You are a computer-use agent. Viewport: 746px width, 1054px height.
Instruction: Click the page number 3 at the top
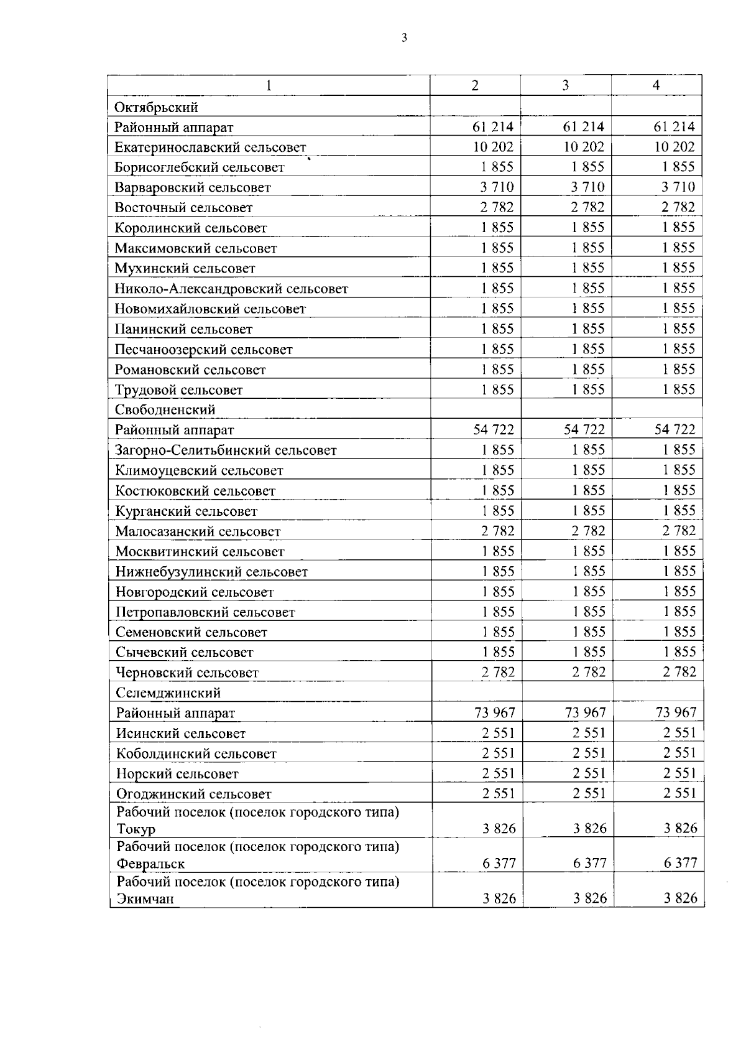(405, 38)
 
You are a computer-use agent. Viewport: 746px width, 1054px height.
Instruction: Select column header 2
(475, 86)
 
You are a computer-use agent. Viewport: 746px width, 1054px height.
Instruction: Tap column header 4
(656, 86)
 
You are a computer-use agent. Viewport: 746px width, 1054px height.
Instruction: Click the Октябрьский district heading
(156, 107)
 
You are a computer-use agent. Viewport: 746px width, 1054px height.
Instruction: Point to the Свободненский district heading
(165, 409)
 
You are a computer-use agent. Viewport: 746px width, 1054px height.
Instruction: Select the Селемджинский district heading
(168, 693)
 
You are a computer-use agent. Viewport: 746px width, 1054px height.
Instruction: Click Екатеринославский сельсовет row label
(210, 147)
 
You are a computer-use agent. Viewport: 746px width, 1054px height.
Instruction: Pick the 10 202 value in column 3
(583, 147)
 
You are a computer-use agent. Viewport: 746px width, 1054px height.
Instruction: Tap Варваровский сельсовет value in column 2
(496, 187)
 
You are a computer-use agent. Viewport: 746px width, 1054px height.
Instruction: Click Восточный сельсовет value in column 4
(678, 207)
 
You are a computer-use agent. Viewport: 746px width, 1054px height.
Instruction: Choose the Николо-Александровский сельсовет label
(231, 289)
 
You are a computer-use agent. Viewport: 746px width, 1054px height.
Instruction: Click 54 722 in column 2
(494, 429)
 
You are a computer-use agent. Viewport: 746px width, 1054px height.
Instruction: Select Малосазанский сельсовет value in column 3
(588, 531)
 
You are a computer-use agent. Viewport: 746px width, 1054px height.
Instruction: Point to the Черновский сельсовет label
(187, 673)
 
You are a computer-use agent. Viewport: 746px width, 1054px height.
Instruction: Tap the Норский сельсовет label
(177, 774)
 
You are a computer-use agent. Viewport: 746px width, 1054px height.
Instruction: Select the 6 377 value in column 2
(499, 863)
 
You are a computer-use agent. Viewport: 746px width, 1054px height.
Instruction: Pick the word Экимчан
(144, 899)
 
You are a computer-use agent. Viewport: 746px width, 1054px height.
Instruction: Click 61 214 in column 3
(583, 127)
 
